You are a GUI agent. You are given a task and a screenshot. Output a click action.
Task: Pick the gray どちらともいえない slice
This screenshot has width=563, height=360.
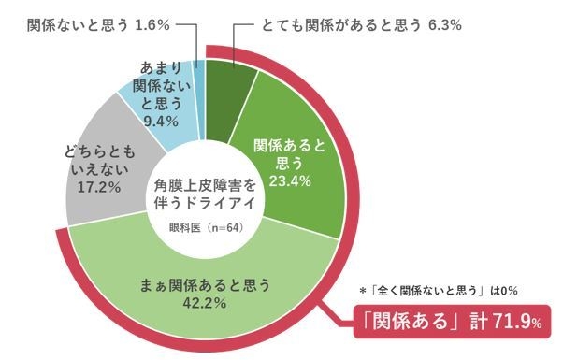coord(103,178)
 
